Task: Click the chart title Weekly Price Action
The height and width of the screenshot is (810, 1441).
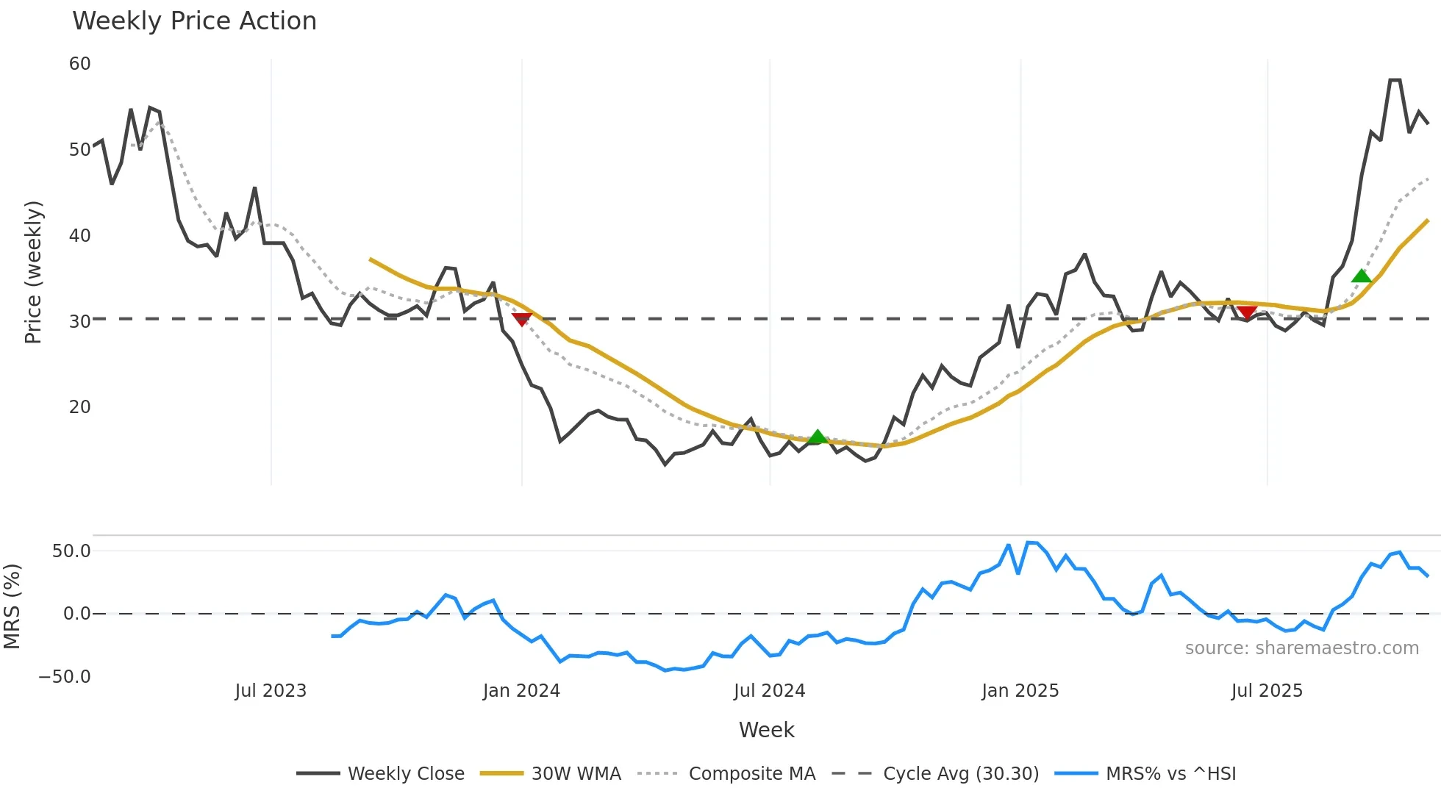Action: click(x=194, y=21)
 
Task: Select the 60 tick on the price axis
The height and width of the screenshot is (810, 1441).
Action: click(x=79, y=64)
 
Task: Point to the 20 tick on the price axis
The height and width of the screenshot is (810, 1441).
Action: click(x=79, y=407)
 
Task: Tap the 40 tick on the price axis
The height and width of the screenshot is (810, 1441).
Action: click(x=79, y=236)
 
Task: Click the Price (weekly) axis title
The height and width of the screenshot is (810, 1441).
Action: click(x=33, y=272)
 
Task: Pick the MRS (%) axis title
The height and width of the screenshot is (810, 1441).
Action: click(x=12, y=606)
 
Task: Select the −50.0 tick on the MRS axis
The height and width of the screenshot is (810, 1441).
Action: click(x=65, y=677)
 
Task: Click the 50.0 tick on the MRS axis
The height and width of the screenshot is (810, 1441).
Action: click(x=71, y=551)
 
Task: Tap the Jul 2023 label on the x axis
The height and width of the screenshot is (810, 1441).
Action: click(x=271, y=691)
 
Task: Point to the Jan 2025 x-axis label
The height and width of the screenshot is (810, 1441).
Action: click(x=1020, y=691)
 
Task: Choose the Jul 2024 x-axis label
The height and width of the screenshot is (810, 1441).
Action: click(x=769, y=691)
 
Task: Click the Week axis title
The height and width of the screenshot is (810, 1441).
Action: click(x=766, y=730)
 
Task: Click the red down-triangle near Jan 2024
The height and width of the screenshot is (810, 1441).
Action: click(x=521, y=319)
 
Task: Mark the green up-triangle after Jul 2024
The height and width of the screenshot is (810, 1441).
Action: click(x=817, y=437)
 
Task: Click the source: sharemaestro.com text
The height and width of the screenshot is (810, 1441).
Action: click(x=1301, y=648)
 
